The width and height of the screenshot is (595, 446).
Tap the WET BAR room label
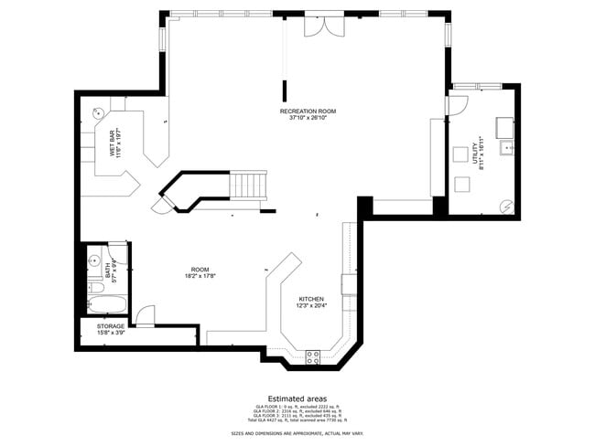(x=113, y=144)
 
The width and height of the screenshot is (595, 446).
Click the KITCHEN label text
(x=311, y=299)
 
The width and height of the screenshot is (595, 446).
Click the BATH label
(x=107, y=270)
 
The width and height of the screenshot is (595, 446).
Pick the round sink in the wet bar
(x=100, y=116)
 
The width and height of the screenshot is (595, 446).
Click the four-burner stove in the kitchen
(x=312, y=356)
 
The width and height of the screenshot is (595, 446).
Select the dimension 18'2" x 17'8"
(x=200, y=275)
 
